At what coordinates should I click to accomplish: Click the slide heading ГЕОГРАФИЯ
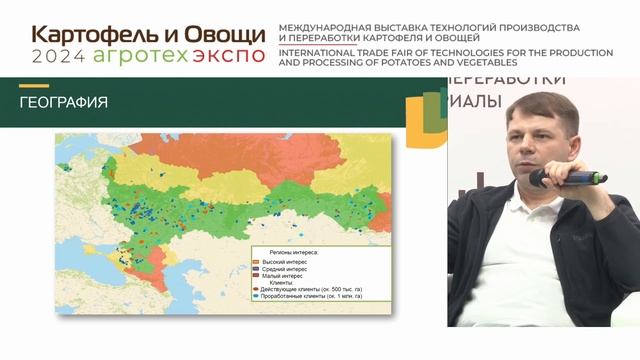tap(64, 103)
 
